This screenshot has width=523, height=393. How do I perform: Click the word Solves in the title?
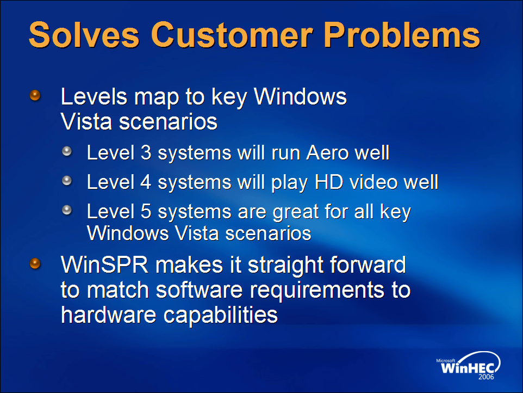click(84, 35)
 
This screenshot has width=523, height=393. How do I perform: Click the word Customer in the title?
click(232, 35)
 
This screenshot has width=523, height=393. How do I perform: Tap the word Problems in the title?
click(402, 35)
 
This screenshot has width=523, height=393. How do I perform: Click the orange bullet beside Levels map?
click(35, 95)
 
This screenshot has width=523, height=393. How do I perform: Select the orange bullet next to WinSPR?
click(35, 263)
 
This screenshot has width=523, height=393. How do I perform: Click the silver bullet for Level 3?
click(67, 151)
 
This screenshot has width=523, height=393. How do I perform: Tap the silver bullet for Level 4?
click(67, 181)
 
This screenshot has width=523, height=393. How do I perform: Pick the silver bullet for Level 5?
click(67, 210)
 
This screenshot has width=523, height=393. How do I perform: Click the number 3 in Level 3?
click(146, 152)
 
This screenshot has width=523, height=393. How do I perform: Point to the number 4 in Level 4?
click(146, 182)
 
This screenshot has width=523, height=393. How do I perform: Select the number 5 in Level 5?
click(146, 211)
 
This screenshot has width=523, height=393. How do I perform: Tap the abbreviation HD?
click(329, 182)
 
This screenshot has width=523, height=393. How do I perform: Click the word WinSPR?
click(104, 265)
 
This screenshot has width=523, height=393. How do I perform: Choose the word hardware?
click(108, 315)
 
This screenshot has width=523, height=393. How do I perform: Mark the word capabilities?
click(221, 315)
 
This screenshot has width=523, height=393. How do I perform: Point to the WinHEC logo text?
click(468, 368)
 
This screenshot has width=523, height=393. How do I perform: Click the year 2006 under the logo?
click(486, 377)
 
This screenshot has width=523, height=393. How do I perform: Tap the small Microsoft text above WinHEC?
click(446, 360)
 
